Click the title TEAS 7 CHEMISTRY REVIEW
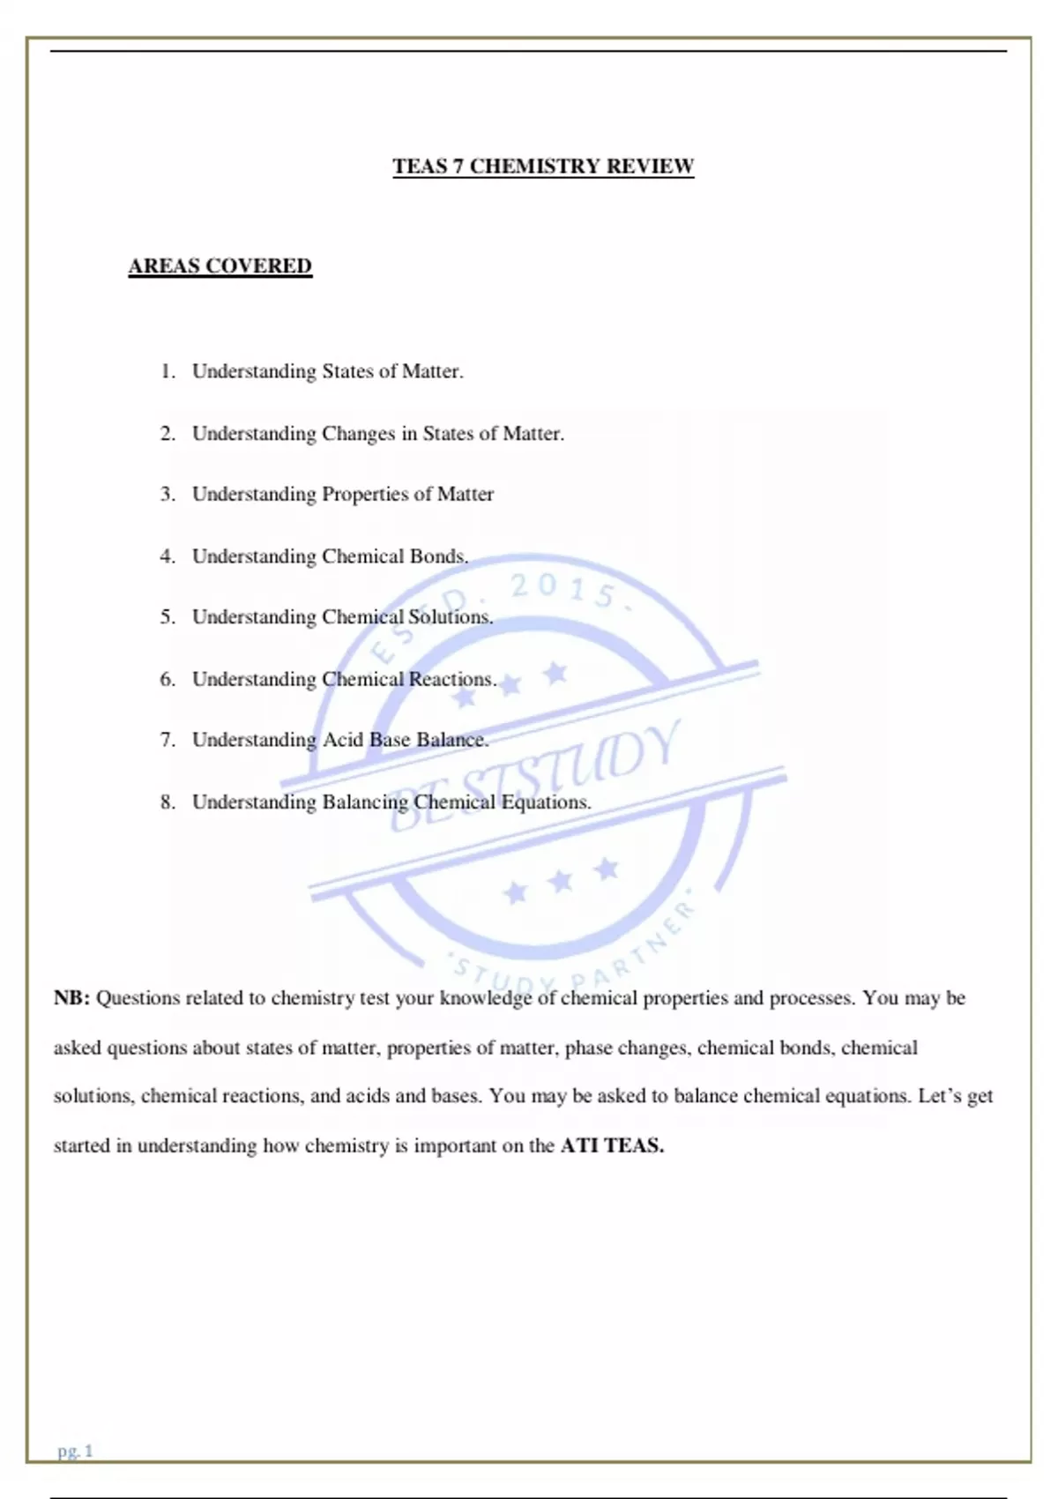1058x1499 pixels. (x=543, y=167)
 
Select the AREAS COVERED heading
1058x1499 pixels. (x=220, y=266)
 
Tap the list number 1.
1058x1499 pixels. (x=168, y=371)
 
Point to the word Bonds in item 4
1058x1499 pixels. (x=438, y=556)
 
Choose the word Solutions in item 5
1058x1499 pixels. (x=450, y=617)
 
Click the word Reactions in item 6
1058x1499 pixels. (x=452, y=680)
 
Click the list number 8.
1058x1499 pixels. (x=168, y=802)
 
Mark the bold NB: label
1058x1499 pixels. (x=72, y=998)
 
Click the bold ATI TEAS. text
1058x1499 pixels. (x=612, y=1145)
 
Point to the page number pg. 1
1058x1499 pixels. (x=75, y=1451)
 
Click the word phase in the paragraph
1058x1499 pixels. (x=590, y=1048)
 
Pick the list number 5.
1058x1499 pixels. (x=168, y=617)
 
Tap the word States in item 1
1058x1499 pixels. (x=347, y=371)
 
